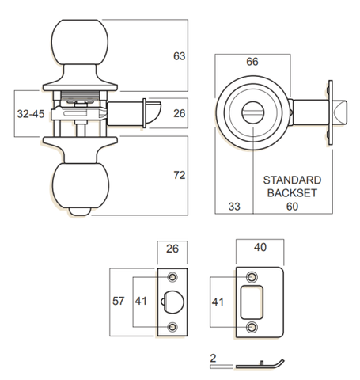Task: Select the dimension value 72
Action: click(179, 174)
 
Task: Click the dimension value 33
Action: click(234, 207)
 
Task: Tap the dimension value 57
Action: click(116, 302)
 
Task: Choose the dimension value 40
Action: click(260, 247)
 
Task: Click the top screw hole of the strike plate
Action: click(252, 275)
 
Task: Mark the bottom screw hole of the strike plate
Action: click(252, 327)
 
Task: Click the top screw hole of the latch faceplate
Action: click(171, 276)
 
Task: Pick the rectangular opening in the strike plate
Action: click(253, 302)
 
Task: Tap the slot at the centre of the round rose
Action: click(253, 116)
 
